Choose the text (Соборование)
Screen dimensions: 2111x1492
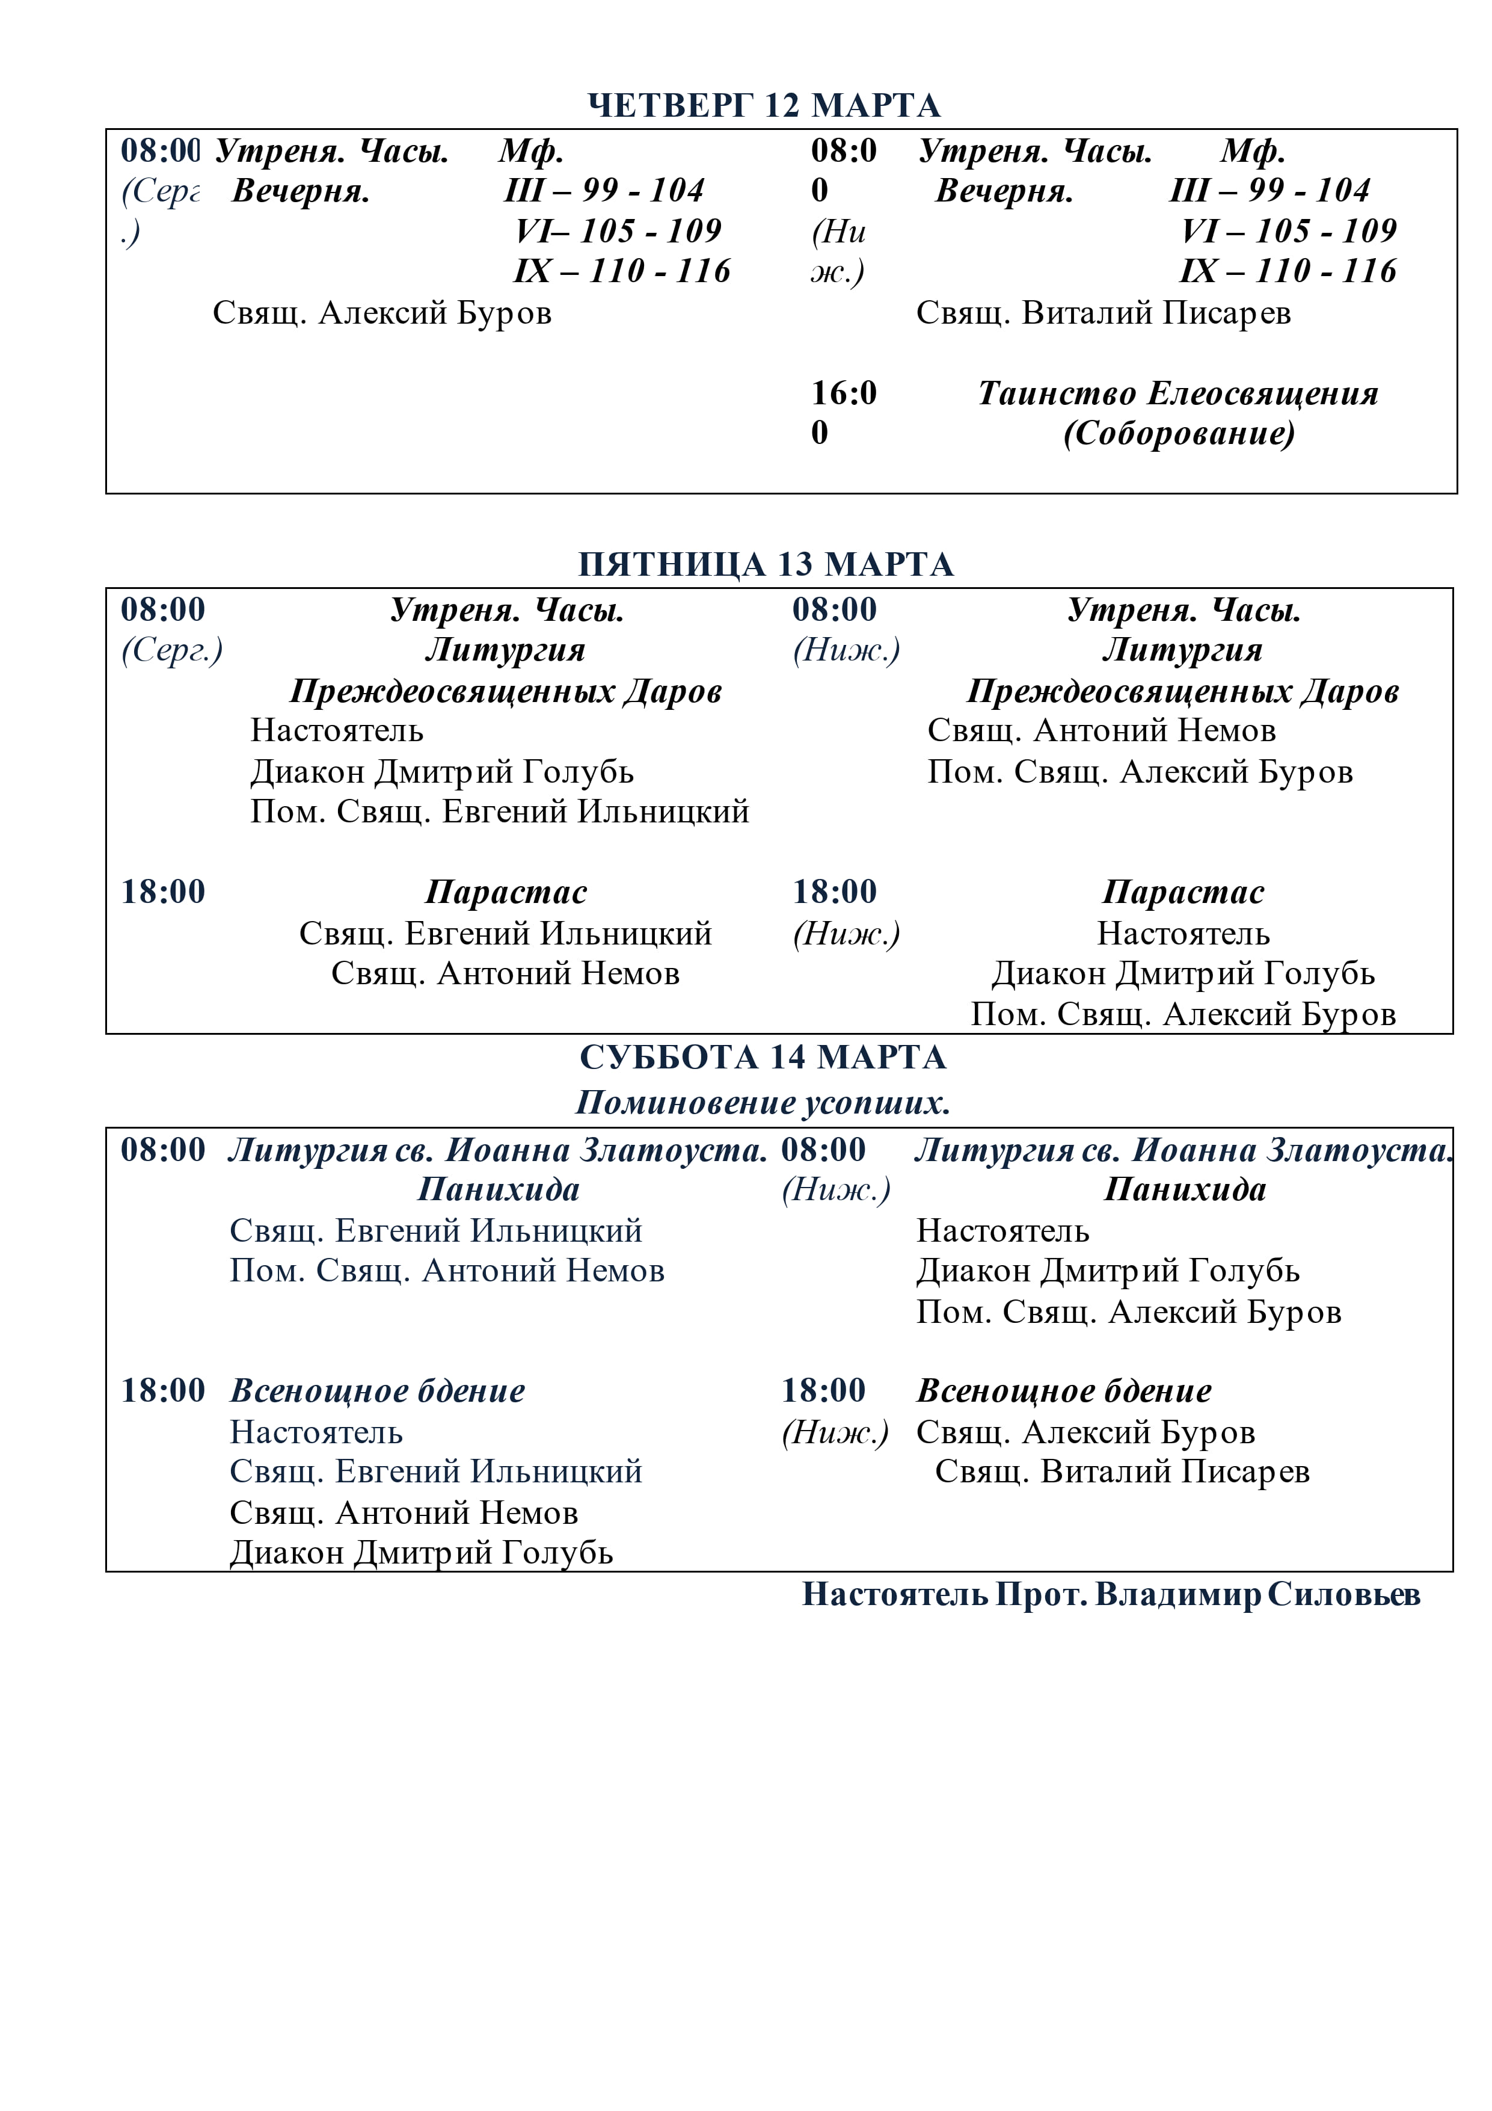(x=1179, y=433)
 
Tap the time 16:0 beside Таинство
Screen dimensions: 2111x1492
(x=843, y=393)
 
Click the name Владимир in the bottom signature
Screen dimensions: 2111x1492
(x=1177, y=1594)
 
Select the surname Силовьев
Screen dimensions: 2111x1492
(x=1344, y=1594)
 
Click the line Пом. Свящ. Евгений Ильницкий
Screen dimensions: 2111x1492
(x=499, y=812)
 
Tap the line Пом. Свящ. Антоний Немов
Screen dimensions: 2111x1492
(x=447, y=1271)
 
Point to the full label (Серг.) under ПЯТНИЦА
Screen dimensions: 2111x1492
(x=172, y=650)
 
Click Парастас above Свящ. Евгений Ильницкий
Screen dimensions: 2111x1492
(x=506, y=892)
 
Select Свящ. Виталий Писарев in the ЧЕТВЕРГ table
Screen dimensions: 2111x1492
(x=1103, y=313)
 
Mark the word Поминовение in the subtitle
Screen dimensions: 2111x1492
(x=686, y=1102)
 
